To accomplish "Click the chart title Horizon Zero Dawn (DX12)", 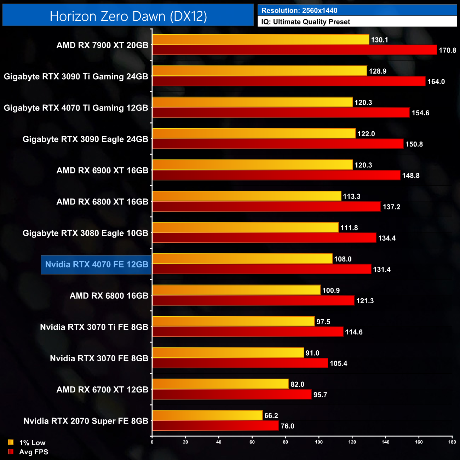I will [128, 16].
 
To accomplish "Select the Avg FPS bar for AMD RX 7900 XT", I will [294, 50].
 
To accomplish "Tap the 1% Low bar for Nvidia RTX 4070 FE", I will [242, 259].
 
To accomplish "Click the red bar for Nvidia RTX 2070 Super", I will [215, 426].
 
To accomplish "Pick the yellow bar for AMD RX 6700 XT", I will [220, 384].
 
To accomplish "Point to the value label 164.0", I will [436, 82].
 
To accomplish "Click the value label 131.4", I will [381, 270].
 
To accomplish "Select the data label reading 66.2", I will [271, 416].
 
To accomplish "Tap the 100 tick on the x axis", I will [319, 442].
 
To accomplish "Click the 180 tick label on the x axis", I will [452, 442].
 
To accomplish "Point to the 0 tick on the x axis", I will [152, 442].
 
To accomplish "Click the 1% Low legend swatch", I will [11, 442].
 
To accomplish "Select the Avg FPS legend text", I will [34, 452].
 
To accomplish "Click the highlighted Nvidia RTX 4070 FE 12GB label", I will [97, 264].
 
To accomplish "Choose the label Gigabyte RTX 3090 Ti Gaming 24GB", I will [76, 77].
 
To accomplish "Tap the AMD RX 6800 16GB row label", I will [109, 296].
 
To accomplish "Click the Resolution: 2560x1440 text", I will [299, 11].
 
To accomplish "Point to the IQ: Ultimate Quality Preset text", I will [306, 22].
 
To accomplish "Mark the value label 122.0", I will [366, 134].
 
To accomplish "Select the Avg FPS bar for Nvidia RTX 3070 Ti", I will [248, 332].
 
